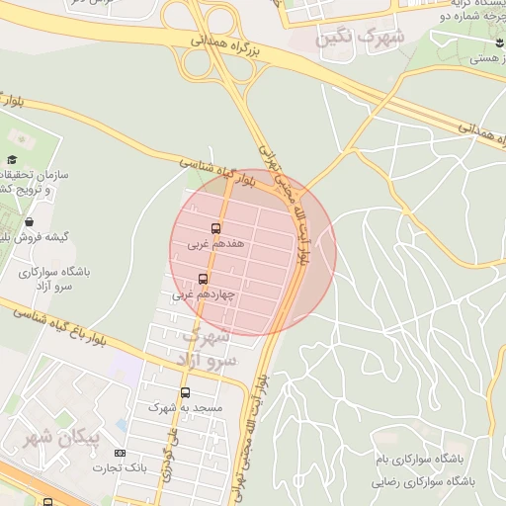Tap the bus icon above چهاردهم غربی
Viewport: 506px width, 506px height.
(204, 280)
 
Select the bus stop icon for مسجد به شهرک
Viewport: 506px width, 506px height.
(185, 392)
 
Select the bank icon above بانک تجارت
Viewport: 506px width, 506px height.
(121, 453)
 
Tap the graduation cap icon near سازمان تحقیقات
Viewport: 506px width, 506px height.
(12, 160)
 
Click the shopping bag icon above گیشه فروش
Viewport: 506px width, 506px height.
(31, 221)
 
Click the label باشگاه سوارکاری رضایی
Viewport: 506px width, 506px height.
(424, 481)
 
